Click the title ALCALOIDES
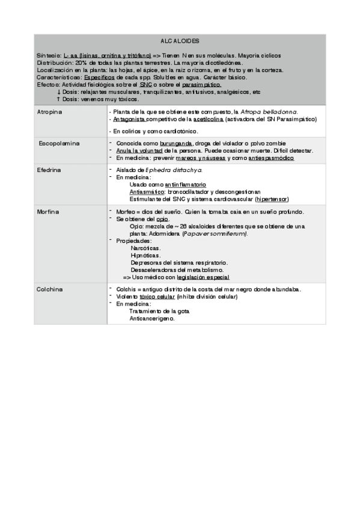pyautogui.click(x=180, y=41)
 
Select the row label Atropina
pyautogui.click(x=50, y=112)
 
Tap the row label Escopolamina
pyautogui.click(x=59, y=144)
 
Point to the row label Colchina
pyautogui.click(x=50, y=289)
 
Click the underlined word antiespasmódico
pyautogui.click(x=264, y=158)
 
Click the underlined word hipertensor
pyautogui.click(x=271, y=199)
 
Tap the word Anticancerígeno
pyautogui.click(x=151, y=319)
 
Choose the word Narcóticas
pyautogui.click(x=145, y=248)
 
